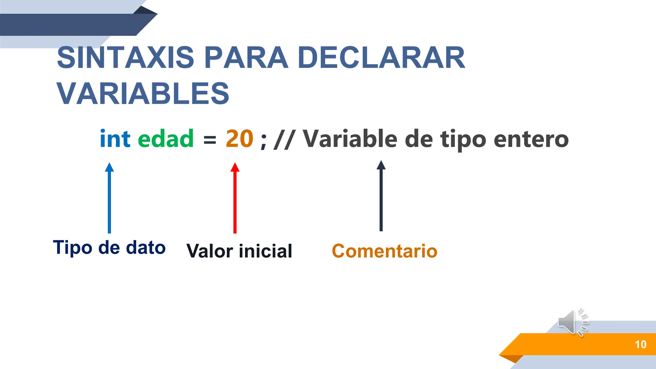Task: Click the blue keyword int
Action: pos(115,139)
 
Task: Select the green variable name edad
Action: pos(166,139)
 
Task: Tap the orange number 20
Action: pos(239,139)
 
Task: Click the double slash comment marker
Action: pos(284,140)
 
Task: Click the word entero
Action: pos(531,140)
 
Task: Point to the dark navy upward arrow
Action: pos(381,196)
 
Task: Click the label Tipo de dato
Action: pos(109,248)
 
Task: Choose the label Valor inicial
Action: pos(239,251)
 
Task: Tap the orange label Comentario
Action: pos(384,251)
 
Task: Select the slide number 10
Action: pos(640,344)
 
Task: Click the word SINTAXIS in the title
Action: pos(126,58)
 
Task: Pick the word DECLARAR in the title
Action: pos(381,58)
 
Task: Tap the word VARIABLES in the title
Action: pos(143,94)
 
